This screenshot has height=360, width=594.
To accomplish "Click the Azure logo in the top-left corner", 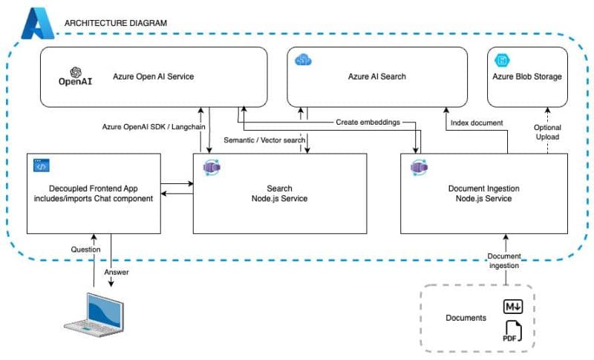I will [36, 25].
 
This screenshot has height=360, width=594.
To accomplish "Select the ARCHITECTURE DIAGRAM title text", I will [116, 23].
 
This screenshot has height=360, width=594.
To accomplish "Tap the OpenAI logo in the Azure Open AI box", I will [74, 77].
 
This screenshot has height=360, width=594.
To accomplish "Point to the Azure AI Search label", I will [377, 76].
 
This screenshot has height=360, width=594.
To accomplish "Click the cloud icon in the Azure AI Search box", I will [303, 59].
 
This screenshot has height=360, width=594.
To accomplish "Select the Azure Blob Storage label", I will [527, 76].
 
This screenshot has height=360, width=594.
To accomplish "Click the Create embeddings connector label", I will [368, 122].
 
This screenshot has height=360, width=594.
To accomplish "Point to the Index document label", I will [476, 122].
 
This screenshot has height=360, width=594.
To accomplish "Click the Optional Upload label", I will [547, 133].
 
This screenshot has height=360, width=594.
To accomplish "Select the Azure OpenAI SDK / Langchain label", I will [154, 127].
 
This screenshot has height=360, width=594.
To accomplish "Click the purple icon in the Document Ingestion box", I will [417, 167].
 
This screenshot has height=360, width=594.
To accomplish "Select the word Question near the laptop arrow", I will [85, 249].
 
